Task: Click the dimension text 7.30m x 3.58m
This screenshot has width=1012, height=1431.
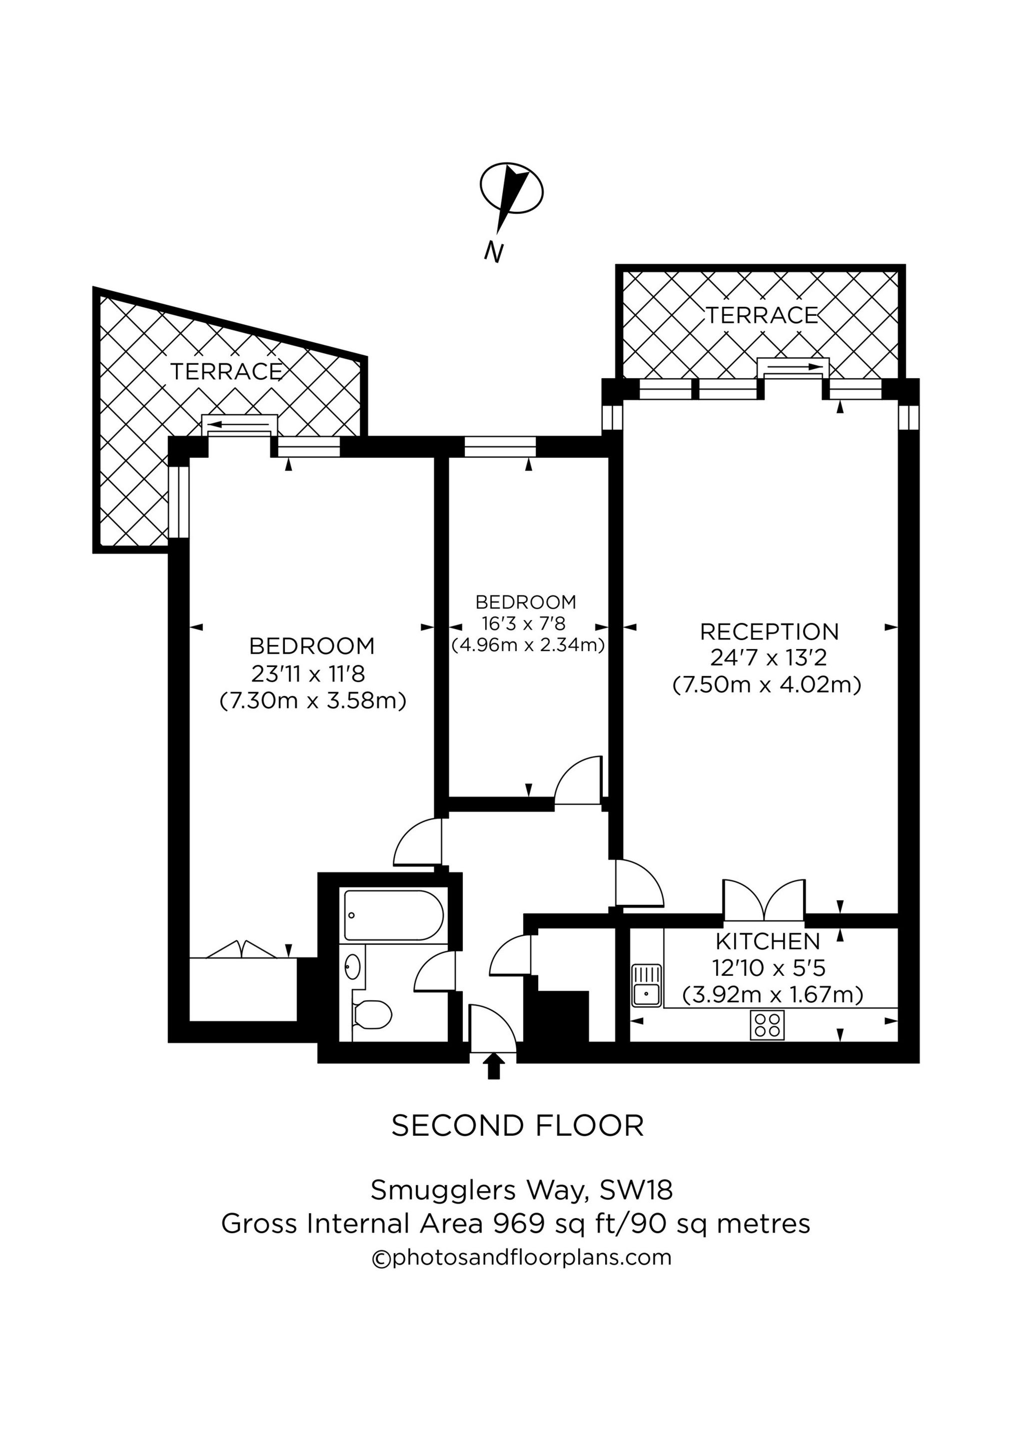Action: point(313,701)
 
